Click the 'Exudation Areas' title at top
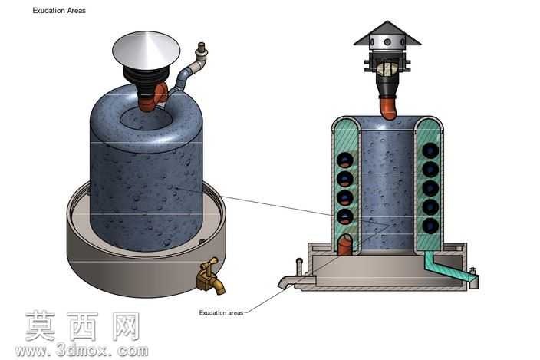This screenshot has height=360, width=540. click(59, 11)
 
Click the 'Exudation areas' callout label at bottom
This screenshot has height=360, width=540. click(221, 313)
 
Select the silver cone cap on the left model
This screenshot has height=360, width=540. click(146, 51)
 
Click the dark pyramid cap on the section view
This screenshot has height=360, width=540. click(387, 34)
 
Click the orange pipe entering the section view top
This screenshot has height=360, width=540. click(388, 107)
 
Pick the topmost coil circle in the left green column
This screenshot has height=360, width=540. click(344, 160)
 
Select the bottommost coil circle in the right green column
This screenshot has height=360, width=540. click(430, 226)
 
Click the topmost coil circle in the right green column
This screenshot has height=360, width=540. click(430, 150)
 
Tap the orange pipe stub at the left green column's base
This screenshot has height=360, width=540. click(345, 245)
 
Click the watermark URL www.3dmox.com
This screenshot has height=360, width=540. click(81, 351)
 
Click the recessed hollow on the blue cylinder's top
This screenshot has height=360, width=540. click(146, 119)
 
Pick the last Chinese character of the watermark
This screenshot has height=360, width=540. click(125, 326)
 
